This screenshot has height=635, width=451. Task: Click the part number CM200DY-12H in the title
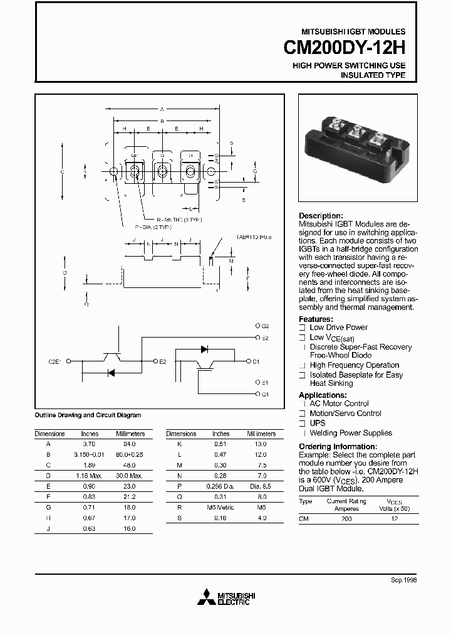click(x=345, y=49)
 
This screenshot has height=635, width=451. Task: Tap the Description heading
click(x=321, y=215)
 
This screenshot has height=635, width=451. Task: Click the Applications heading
click(x=323, y=395)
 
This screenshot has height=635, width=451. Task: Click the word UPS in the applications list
click(x=318, y=423)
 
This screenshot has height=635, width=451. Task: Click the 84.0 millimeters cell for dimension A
click(x=130, y=444)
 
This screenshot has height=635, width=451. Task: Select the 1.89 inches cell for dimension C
click(x=90, y=465)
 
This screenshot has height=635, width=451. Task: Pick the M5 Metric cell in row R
click(x=220, y=508)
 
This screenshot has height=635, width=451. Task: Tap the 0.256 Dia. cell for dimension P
click(x=220, y=486)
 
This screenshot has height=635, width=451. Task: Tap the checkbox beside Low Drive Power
click(x=303, y=328)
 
